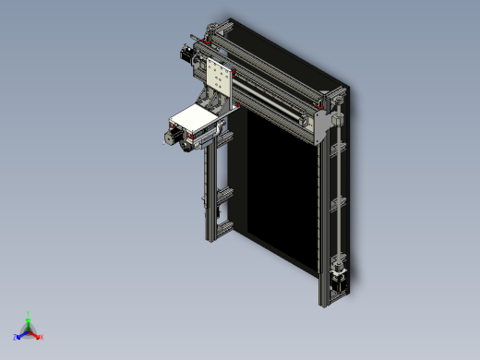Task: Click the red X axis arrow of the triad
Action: (37, 334)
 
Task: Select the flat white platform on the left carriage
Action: (197, 115)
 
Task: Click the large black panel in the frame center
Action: (272, 185)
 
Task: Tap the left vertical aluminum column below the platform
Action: (210, 194)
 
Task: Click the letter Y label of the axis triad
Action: (29, 313)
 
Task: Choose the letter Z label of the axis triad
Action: (16, 338)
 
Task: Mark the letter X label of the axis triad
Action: (42, 338)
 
